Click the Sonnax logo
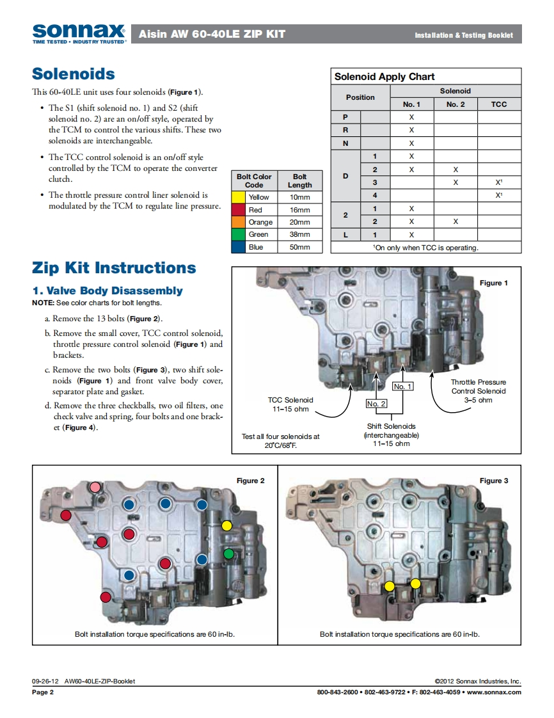click(79, 33)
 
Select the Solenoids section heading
click(74, 74)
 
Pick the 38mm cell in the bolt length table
click(299, 235)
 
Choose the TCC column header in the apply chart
click(499, 104)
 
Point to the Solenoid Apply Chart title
click(384, 77)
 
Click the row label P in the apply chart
click(345, 117)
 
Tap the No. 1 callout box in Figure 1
click(403, 387)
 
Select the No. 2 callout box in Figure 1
click(376, 404)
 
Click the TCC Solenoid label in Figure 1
click(290, 400)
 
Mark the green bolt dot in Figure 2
click(228, 553)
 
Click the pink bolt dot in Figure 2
click(95, 488)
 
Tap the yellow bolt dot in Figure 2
click(226, 526)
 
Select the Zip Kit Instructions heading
click(114, 268)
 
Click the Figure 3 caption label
click(494, 481)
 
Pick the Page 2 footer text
click(43, 692)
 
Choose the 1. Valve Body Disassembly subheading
click(107, 291)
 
